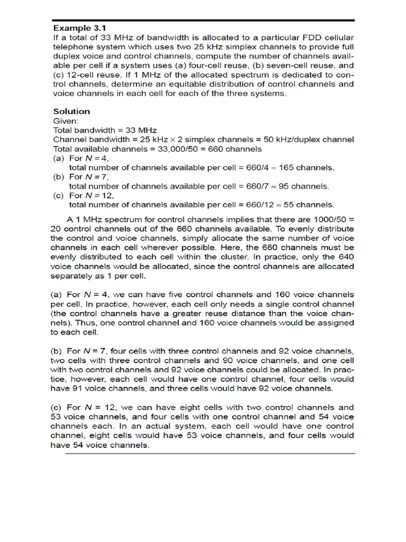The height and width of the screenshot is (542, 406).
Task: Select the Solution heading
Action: click(71, 111)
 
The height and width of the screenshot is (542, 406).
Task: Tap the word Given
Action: click(65, 121)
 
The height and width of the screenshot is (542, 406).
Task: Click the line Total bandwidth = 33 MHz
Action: click(105, 130)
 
